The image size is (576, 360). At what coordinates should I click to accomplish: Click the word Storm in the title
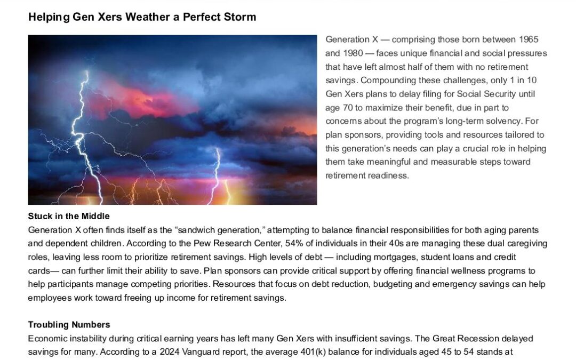239,17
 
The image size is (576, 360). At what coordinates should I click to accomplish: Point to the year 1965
529,39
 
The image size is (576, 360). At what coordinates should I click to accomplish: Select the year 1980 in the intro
353,53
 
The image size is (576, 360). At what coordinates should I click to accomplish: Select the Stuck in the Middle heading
69,216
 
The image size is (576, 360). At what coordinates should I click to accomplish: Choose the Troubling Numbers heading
69,325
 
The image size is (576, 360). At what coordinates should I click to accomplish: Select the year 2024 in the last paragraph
170,352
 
